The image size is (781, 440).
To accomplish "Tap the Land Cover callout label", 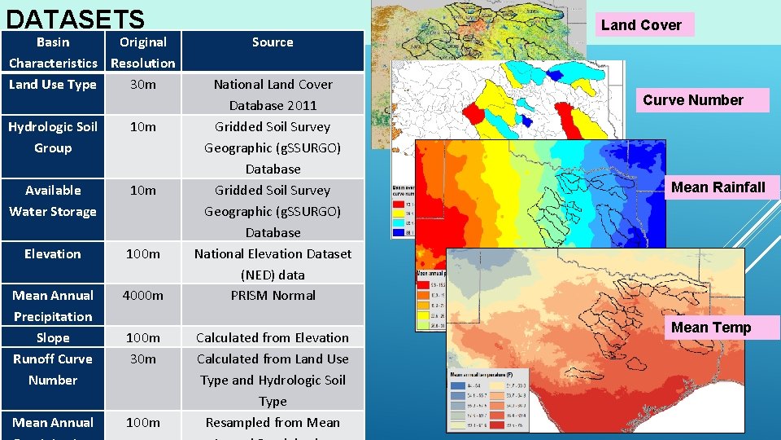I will [x=641, y=25].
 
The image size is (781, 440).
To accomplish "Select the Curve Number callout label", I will [x=693, y=100].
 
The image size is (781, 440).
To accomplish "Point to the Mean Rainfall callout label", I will [x=718, y=187].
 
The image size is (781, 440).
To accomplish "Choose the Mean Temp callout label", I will [x=711, y=328].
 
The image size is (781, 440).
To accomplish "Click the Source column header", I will [x=273, y=42].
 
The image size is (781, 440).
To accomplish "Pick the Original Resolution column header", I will [x=143, y=52].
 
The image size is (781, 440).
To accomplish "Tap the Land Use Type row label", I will [x=53, y=85].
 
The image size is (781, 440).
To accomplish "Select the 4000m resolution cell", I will [x=143, y=296].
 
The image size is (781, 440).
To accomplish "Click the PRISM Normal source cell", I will [x=273, y=296].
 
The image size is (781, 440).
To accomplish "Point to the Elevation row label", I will [x=53, y=254].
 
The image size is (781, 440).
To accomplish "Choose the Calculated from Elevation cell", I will [x=273, y=338].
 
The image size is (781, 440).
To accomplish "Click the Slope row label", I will [x=53, y=338].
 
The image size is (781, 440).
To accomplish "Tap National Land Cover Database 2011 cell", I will [x=273, y=95].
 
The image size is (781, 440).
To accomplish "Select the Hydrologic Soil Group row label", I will [x=53, y=137].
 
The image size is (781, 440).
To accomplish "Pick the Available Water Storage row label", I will [x=53, y=200].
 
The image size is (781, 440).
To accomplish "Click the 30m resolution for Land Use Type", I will [x=143, y=85].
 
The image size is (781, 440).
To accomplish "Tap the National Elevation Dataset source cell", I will [x=273, y=264].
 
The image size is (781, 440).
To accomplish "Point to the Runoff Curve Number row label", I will [x=53, y=369].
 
